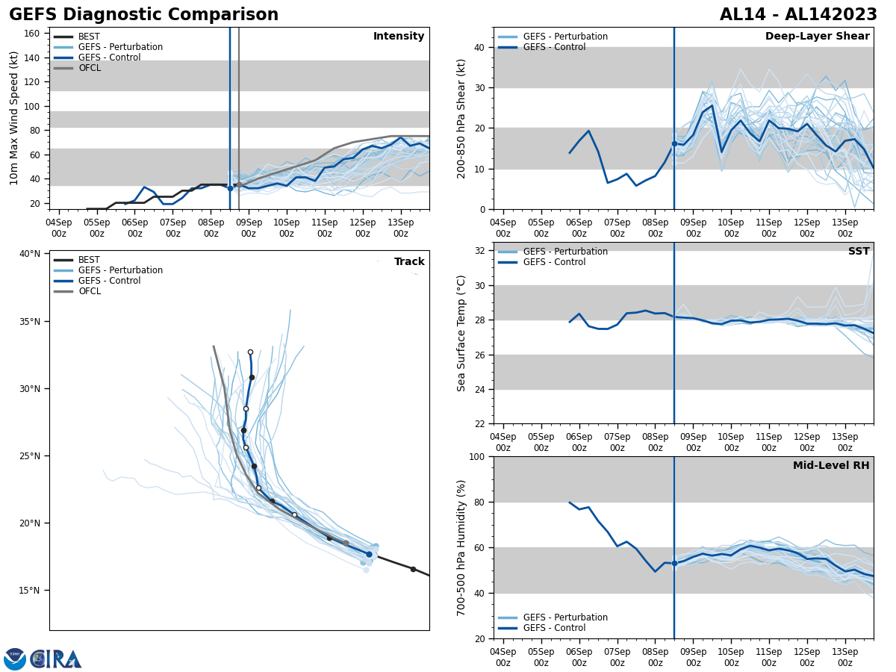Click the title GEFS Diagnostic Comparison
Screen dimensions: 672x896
pos(143,15)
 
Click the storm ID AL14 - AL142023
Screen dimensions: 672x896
pos(798,15)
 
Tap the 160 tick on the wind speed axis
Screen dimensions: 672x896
pos(33,34)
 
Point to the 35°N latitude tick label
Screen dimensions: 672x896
pos(30,322)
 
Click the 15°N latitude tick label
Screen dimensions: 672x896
pos(30,591)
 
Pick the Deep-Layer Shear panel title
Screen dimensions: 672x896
pos(817,37)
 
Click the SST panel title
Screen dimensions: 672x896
pos(859,252)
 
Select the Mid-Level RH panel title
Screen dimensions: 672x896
pos(831,466)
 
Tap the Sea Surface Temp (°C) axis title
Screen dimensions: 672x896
pos(462,333)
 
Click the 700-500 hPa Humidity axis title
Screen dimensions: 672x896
pos(462,547)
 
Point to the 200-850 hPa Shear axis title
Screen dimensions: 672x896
pos(462,119)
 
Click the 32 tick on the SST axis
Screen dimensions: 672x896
pos(481,251)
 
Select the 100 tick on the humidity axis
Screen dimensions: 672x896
pos(478,457)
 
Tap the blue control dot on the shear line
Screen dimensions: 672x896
pos(674,143)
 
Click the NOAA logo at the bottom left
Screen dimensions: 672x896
pos(15,659)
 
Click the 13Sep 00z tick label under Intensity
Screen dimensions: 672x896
pos(401,228)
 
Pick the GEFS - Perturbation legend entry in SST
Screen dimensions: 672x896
pos(565,252)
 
